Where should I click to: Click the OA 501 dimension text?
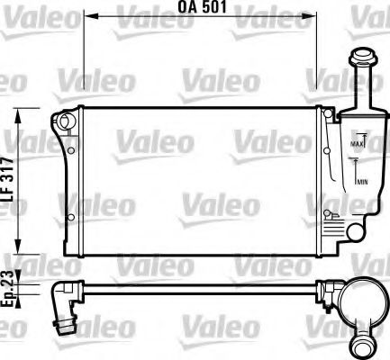click(x=202, y=8)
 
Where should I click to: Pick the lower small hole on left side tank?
click(x=69, y=217)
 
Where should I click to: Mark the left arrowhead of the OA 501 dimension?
click(x=88, y=17)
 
